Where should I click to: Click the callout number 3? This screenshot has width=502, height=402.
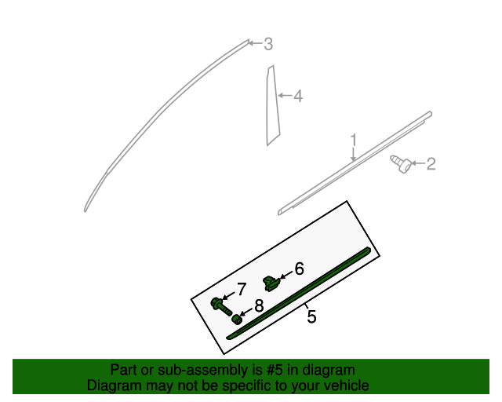pyautogui.click(x=267, y=44)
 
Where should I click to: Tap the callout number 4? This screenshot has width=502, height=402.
pyautogui.click(x=297, y=97)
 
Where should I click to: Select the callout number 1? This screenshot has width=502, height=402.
pyautogui.click(x=354, y=140)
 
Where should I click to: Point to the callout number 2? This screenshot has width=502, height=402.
pyautogui.click(x=431, y=164)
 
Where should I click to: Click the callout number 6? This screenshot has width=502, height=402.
pyautogui.click(x=298, y=269)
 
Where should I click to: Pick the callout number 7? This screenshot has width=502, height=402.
pyautogui.click(x=242, y=289)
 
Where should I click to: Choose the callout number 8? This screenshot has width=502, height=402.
pyautogui.click(x=258, y=309)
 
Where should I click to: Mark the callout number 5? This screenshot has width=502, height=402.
pyautogui.click(x=311, y=317)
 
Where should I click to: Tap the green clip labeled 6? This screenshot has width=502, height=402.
pyautogui.click(x=271, y=281)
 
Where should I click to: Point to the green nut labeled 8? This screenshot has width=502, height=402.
pyautogui.click(x=236, y=318)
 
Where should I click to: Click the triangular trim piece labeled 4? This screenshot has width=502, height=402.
pyautogui.click(x=271, y=106)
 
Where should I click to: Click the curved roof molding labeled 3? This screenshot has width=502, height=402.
pyautogui.click(x=157, y=118)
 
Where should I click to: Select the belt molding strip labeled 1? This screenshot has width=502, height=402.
pyautogui.click(x=353, y=164)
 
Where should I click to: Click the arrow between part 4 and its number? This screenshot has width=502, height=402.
pyautogui.click(x=286, y=97)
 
